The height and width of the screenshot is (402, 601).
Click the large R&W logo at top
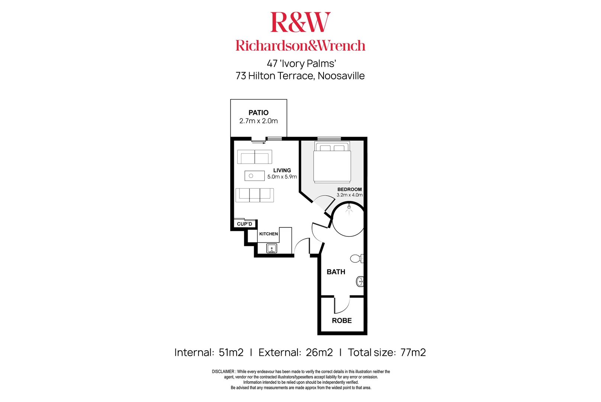coord(300,22)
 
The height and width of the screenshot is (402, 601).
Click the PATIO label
coord(258,112)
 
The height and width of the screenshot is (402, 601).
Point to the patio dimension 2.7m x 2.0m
coord(258,121)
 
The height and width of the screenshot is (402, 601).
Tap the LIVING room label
coord(282,170)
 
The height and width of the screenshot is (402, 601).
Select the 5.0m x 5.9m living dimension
coord(282,177)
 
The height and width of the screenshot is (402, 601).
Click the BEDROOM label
coord(349,189)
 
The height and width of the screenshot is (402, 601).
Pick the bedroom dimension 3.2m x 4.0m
coord(350,195)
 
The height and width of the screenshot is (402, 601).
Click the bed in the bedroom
coord(332,162)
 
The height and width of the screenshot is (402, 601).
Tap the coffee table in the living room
coord(255,176)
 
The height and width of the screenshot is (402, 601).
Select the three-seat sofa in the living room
coord(255,195)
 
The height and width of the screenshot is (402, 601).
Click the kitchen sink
coord(271,248)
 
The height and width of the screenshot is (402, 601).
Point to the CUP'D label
coord(244,224)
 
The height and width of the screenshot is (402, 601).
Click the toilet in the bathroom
coord(357,259)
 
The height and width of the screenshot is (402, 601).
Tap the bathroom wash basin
coord(360,282)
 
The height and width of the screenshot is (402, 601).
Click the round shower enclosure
coord(348,219)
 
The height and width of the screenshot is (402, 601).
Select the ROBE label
coord(341,320)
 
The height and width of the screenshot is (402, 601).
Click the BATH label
coord(336,272)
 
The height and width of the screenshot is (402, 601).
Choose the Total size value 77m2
coord(413,352)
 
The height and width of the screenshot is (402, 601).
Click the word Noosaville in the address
coord(341,76)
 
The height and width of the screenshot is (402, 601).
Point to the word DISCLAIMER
coord(223,371)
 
